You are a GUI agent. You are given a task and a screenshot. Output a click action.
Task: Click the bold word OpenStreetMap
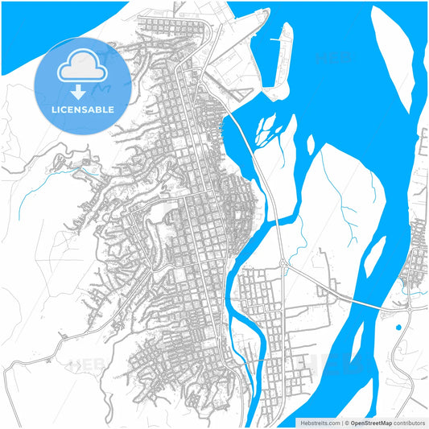point(370,422)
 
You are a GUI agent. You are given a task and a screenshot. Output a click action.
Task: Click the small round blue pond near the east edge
point(398,328)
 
